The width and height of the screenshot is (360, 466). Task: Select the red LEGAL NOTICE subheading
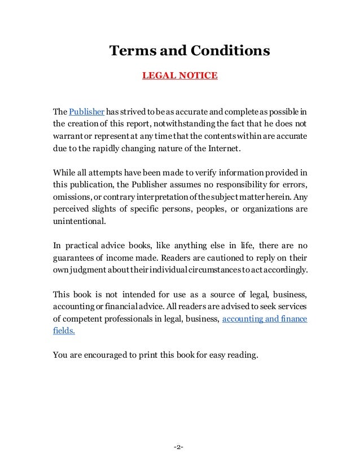(x=179, y=74)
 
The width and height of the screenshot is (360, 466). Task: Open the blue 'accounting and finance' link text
(x=265, y=319)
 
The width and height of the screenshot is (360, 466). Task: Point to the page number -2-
(x=179, y=447)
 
